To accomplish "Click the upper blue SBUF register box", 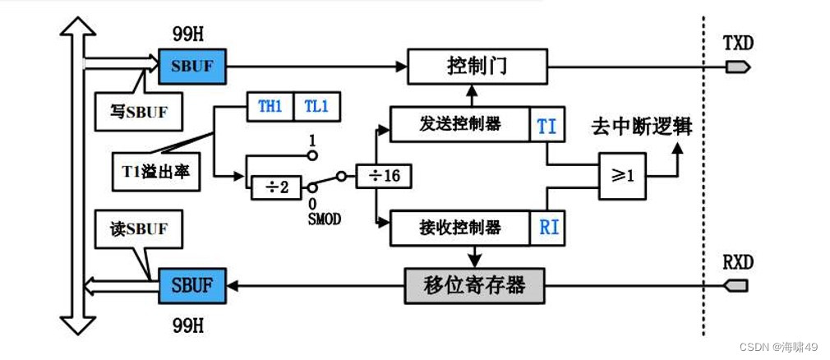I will [x=192, y=64].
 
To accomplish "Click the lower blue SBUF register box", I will [x=192, y=285].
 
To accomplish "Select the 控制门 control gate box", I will [x=477, y=65].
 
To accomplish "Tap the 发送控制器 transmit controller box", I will [x=459, y=124].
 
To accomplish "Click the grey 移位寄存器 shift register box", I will [x=476, y=286].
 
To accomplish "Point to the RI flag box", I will [x=548, y=226].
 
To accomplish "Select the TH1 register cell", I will [x=270, y=108].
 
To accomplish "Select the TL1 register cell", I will [x=315, y=108].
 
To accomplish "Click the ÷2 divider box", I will [x=273, y=187].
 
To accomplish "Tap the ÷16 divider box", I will [x=384, y=176].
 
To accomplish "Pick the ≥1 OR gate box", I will [x=621, y=174].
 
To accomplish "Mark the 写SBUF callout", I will [x=137, y=112].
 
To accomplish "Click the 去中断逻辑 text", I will [x=641, y=127].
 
